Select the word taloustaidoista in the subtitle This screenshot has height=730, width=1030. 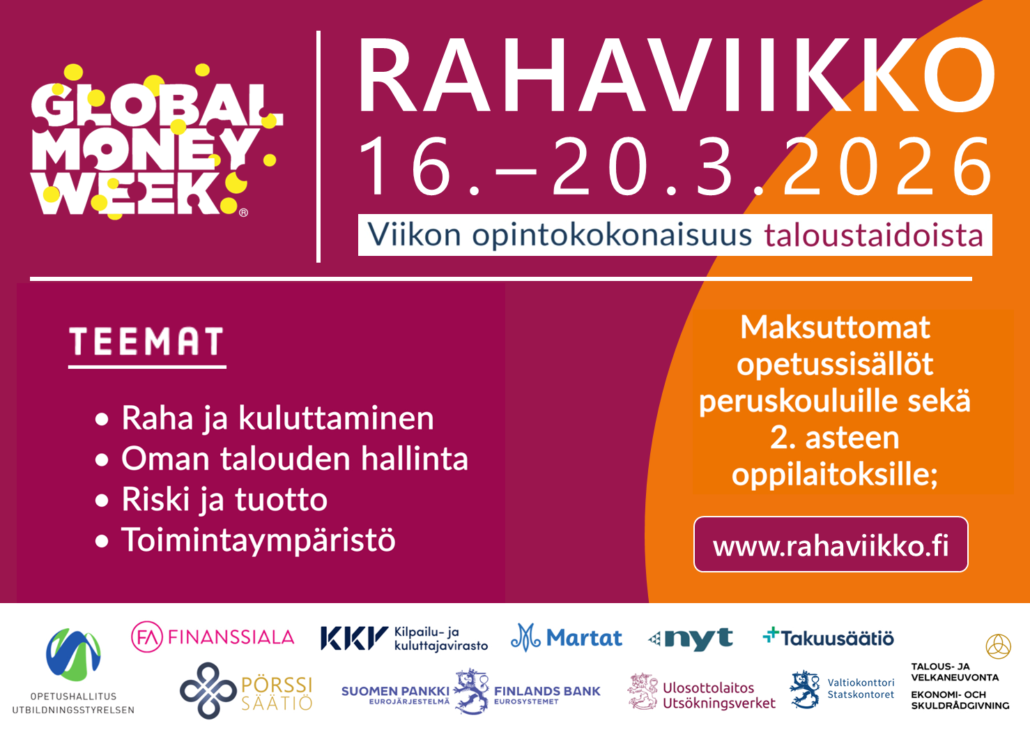(873, 236)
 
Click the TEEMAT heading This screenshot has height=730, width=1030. (146, 342)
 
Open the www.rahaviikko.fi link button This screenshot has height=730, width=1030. (831, 545)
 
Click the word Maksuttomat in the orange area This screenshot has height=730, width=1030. (835, 327)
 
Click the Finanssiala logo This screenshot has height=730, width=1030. (213, 637)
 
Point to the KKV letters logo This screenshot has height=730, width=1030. (354, 637)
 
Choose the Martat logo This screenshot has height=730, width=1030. (566, 637)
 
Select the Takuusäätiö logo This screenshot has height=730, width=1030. (829, 637)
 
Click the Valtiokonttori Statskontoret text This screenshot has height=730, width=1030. (861, 688)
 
